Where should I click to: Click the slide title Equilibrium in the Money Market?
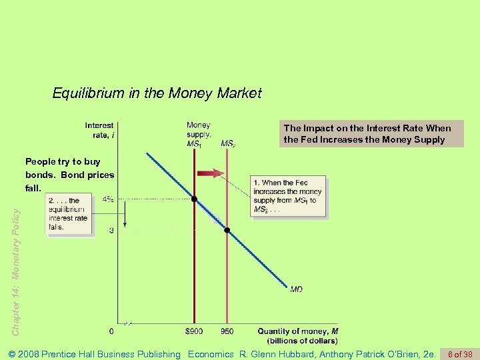click(157, 93)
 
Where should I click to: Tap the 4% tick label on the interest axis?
click(108, 199)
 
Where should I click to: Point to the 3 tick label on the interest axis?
click(111, 230)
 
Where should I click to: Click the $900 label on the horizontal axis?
click(194, 331)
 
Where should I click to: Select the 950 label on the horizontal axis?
click(227, 331)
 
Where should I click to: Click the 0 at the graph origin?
click(111, 331)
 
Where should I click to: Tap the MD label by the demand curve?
click(296, 289)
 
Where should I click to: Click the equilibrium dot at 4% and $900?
click(194, 199)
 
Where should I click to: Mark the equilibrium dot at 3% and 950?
click(227, 230)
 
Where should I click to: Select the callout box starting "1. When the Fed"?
click(289, 196)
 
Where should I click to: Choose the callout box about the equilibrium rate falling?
click(69, 213)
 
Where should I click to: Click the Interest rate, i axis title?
click(99, 130)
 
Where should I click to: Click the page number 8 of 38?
click(461, 354)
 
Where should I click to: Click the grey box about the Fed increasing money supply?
click(371, 133)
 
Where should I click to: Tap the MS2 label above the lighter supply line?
click(228, 143)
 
